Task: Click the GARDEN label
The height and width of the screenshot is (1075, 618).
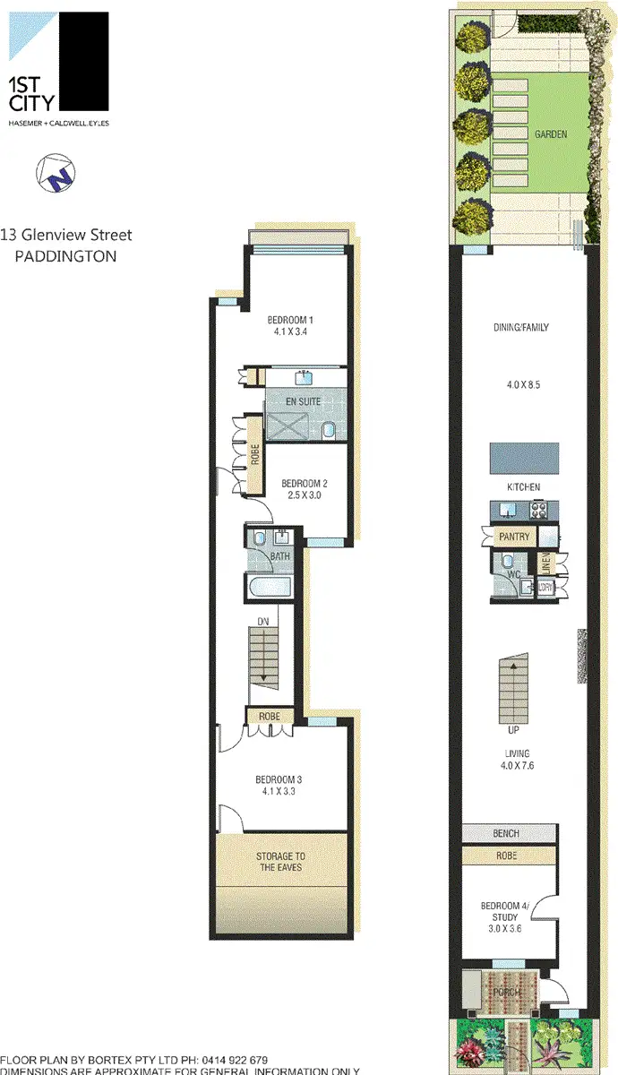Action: point(551,134)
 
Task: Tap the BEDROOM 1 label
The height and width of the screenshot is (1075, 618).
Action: point(290,320)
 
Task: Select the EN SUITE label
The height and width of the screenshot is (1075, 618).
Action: point(303,401)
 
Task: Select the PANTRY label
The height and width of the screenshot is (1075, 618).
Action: point(516,537)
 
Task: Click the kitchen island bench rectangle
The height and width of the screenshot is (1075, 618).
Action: point(524,459)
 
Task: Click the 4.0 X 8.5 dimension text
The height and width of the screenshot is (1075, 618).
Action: point(523,385)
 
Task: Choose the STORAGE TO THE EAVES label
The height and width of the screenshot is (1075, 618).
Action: point(280,862)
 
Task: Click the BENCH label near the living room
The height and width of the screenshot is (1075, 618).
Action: point(506,834)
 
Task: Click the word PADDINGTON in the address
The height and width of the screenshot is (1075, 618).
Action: point(66,256)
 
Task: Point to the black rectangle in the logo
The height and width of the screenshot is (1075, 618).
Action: point(82,62)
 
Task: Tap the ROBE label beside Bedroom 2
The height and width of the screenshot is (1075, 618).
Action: point(255,455)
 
